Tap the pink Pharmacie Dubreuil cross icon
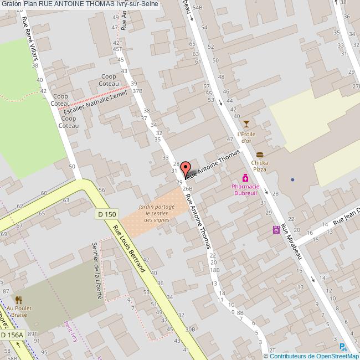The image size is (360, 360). pos(245,178)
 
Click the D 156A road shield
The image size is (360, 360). pos(12,335)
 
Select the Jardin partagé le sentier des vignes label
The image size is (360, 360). pos(157,213)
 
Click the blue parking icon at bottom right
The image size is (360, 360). pos(343,347)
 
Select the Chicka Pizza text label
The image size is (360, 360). pos(259,166)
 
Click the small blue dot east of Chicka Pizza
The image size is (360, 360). pos(292,179)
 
